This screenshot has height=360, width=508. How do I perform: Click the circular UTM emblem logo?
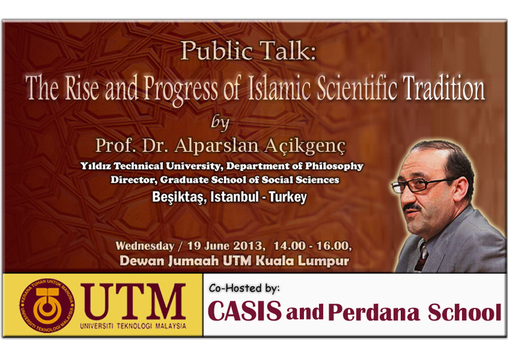pyautogui.click(x=47, y=306)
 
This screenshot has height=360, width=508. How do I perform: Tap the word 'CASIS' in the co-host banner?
pyautogui.click(x=245, y=310)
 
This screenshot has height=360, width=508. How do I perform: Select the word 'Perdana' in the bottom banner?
pyautogui.click(x=374, y=312)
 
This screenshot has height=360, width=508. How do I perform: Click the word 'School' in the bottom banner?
pyautogui.click(x=465, y=312)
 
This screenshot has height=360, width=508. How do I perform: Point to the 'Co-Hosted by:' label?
pyautogui.click(x=244, y=288)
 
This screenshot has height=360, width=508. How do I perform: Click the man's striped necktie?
pyautogui.click(x=421, y=257)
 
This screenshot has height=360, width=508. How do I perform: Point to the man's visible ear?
pyautogui.click(x=460, y=191)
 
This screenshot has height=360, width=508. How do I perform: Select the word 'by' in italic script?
pyautogui.click(x=220, y=123)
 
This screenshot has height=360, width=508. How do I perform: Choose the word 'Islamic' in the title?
pyautogui.click(x=280, y=88)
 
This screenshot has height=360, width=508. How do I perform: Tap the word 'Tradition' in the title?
pyautogui.click(x=444, y=88)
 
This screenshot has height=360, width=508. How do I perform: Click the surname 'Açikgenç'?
pyautogui.click(x=305, y=146)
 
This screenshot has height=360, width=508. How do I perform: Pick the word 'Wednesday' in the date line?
pyautogui.click(x=145, y=246)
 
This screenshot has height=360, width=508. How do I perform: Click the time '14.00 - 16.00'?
pyautogui.click(x=312, y=246)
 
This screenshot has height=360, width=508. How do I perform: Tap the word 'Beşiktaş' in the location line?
pyautogui.click(x=179, y=197)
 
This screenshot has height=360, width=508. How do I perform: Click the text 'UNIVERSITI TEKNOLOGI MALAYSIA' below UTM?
pyautogui.click(x=133, y=326)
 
